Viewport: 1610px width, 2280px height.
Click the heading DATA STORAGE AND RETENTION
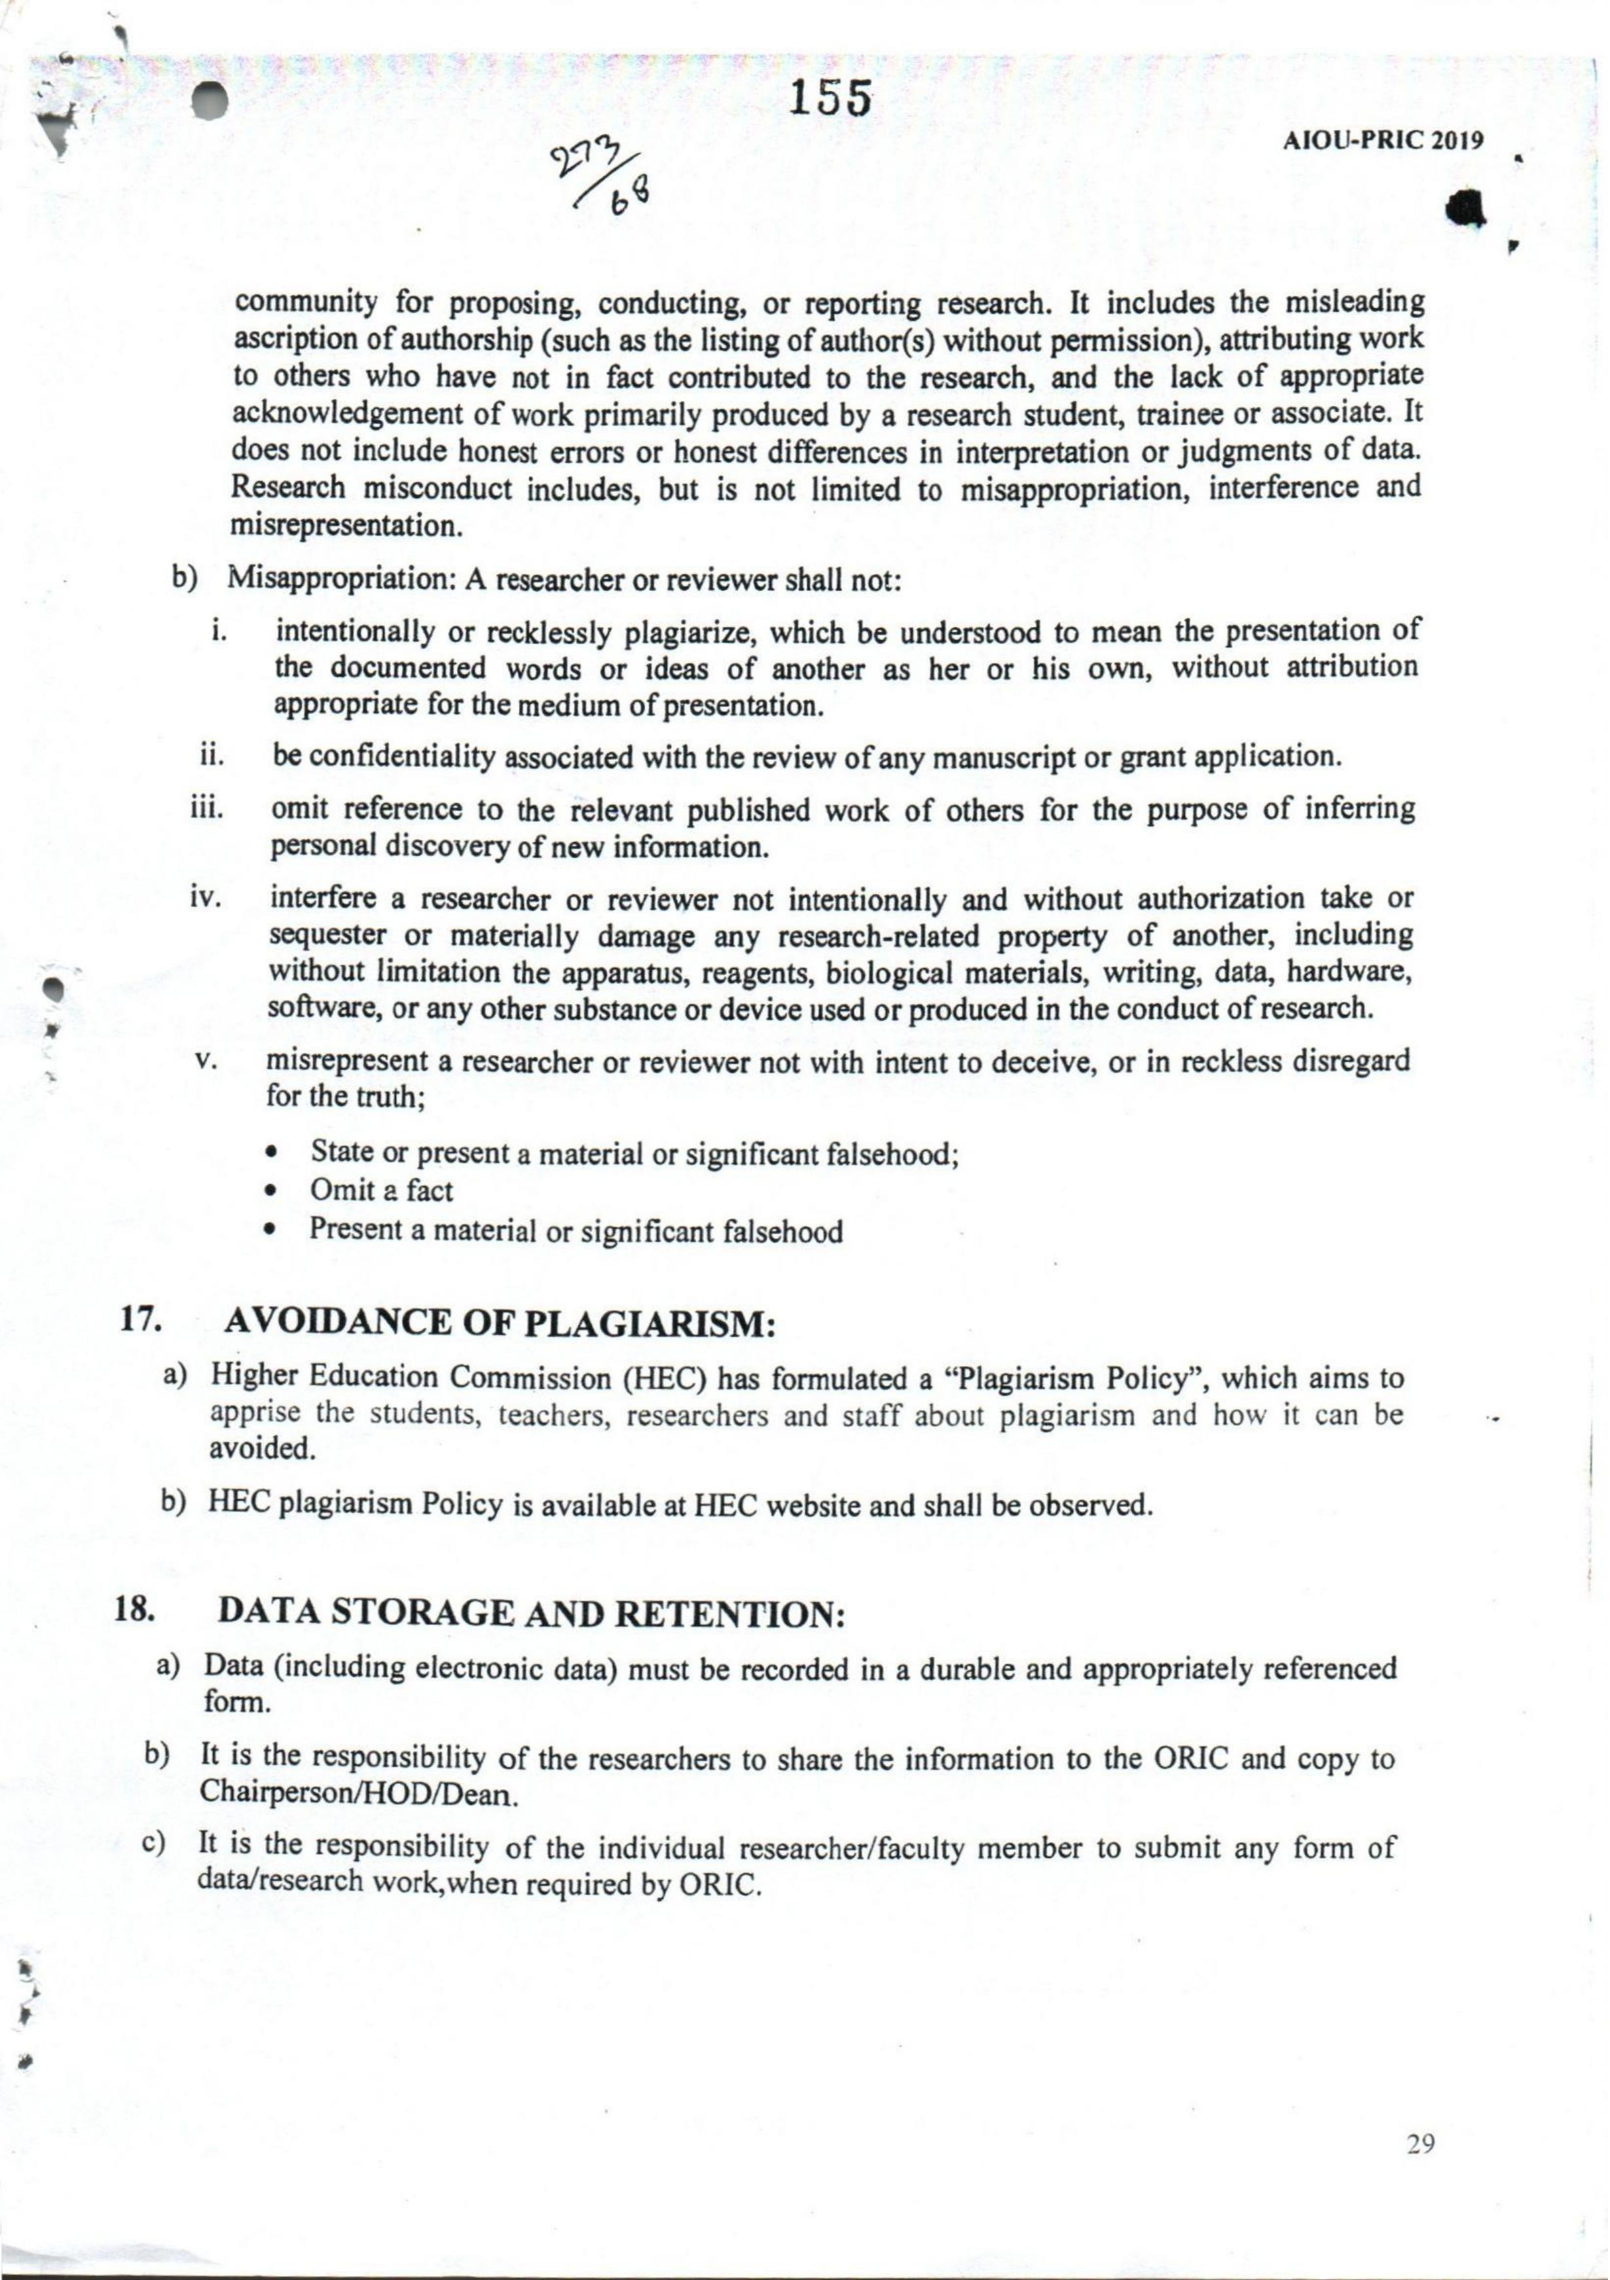(x=530, y=1614)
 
